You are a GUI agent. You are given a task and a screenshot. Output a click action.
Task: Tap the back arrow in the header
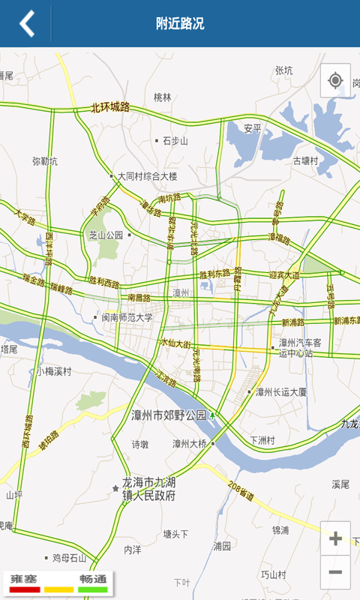(27, 23)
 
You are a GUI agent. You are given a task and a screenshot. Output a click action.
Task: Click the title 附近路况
(180, 23)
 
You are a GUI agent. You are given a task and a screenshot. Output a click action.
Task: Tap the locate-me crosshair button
(335, 80)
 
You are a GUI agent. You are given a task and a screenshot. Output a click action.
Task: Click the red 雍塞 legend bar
(24, 589)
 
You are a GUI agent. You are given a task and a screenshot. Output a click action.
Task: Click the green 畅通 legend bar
(92, 589)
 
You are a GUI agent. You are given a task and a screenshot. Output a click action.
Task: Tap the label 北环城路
(110, 107)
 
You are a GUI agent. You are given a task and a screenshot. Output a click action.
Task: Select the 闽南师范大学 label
(127, 317)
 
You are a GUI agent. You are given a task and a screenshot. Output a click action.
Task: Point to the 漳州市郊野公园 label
(169, 415)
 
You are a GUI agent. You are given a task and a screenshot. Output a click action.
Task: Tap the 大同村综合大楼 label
(147, 176)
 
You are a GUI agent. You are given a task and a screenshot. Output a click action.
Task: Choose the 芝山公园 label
(106, 234)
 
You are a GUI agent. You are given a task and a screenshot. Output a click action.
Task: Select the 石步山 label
(175, 140)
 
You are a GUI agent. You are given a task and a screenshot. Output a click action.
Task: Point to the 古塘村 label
(305, 160)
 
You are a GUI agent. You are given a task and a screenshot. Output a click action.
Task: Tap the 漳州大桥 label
(190, 443)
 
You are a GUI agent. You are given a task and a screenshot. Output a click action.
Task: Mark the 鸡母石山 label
(70, 558)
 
